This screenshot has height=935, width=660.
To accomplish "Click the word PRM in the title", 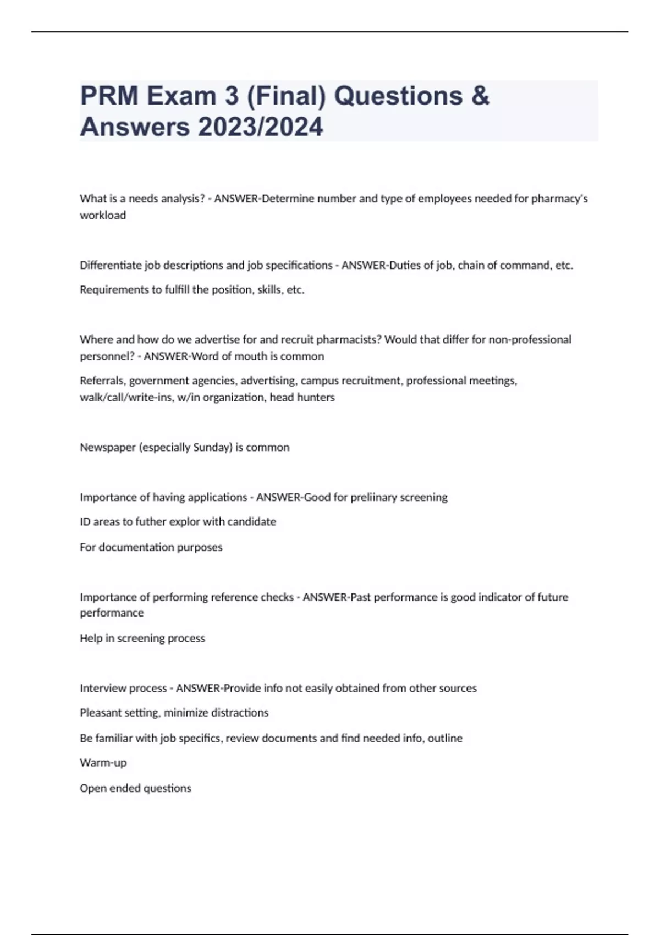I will point(109,96).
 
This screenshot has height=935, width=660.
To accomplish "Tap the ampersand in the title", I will point(480,96).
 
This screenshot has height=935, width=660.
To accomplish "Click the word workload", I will point(103,215).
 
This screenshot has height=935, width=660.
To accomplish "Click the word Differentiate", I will point(111,265).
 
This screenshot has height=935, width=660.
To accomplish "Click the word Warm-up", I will point(103,763).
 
